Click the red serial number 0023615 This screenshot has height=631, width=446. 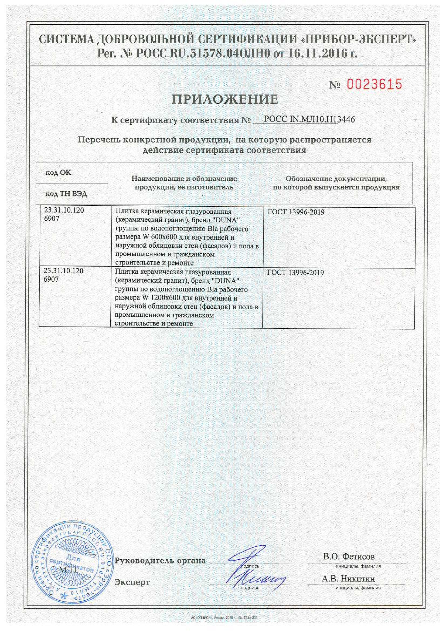coord(374,84)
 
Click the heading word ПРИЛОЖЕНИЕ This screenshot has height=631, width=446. coord(225,99)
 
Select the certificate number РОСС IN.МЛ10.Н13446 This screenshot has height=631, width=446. coord(309,119)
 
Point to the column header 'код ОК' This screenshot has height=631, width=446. coord(58,172)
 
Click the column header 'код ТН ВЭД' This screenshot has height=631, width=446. coord(66,194)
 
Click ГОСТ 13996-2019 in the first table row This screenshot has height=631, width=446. coord(296,212)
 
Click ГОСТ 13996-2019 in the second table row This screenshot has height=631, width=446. coord(295,273)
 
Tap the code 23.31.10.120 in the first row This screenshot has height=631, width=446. coord(64,210)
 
